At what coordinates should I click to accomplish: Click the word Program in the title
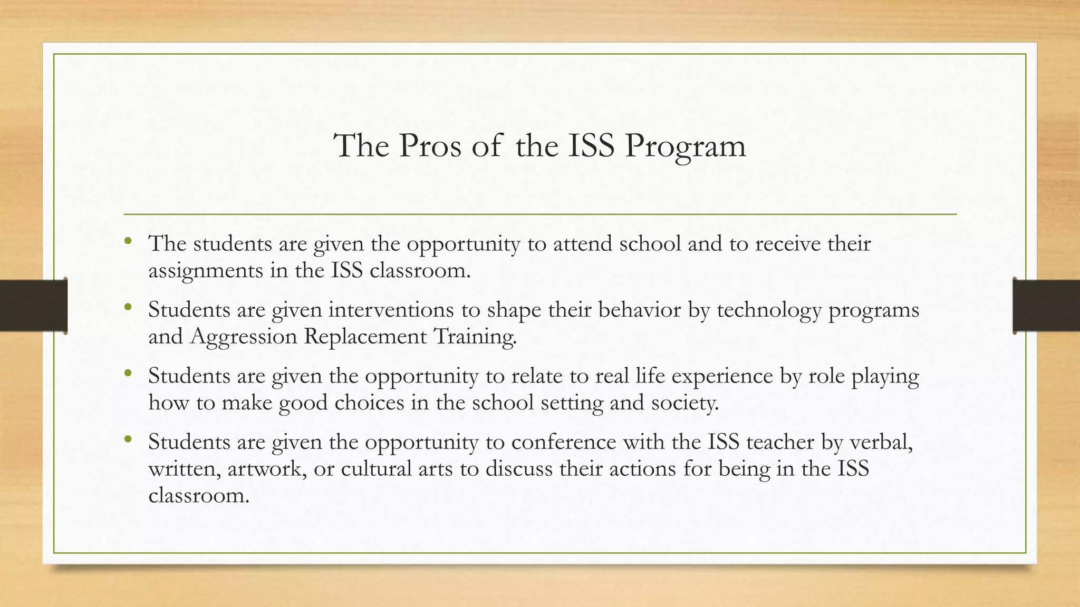point(686,146)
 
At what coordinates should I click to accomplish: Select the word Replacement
point(365,336)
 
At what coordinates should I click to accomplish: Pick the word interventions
point(391,310)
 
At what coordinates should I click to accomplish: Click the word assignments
point(206,271)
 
